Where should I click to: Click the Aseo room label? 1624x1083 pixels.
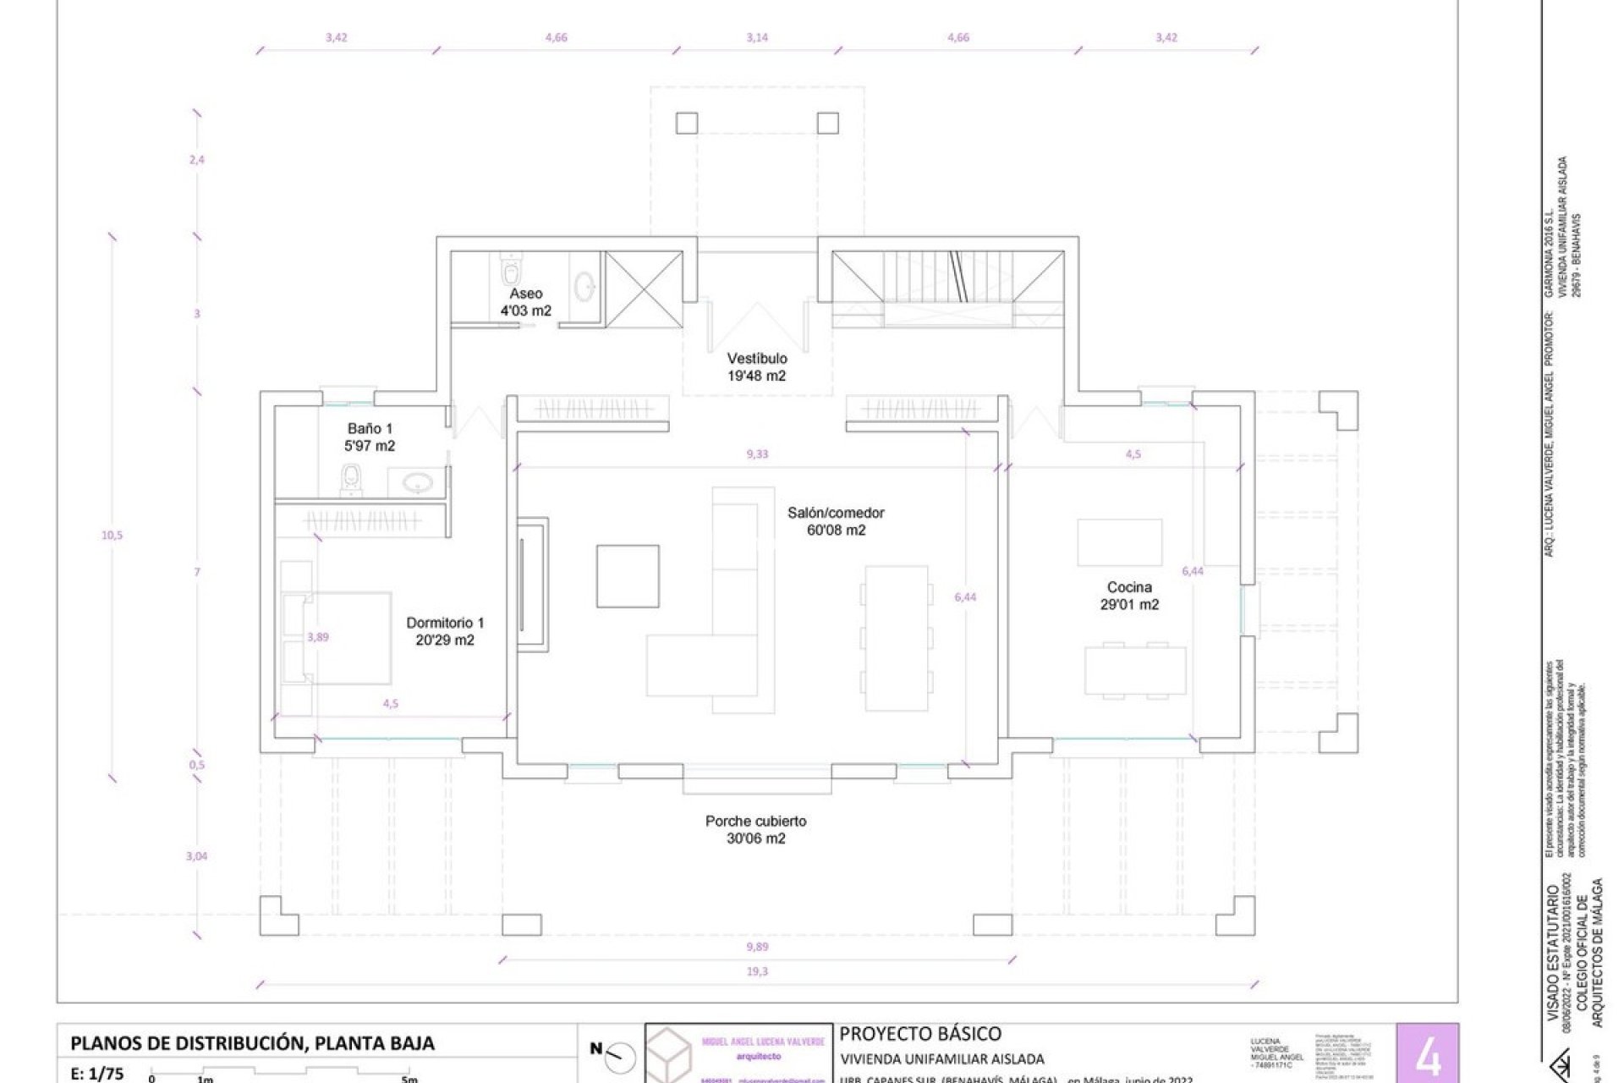(525, 302)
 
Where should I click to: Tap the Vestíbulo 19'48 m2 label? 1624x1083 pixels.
(756, 367)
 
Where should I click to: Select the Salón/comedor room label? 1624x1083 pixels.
(836, 521)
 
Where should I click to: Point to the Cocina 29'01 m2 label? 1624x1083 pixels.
(1129, 596)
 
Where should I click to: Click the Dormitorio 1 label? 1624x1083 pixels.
(445, 631)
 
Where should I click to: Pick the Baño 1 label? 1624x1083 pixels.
(370, 437)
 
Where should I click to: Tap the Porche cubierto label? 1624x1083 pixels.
(755, 829)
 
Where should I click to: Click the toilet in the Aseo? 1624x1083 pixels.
(510, 270)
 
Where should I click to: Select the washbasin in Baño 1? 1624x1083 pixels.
(417, 483)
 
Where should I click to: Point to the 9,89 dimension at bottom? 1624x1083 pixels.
(757, 947)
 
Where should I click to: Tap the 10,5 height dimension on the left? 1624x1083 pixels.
(112, 535)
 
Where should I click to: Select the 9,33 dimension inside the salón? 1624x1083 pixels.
(757, 454)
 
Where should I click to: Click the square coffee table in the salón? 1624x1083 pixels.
(628, 576)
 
